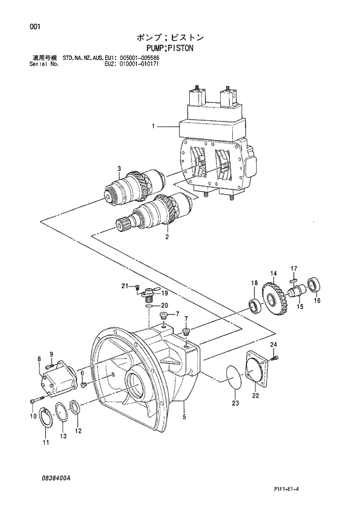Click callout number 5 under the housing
click(x=184, y=417)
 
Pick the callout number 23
click(x=235, y=403)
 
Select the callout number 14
click(x=272, y=274)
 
